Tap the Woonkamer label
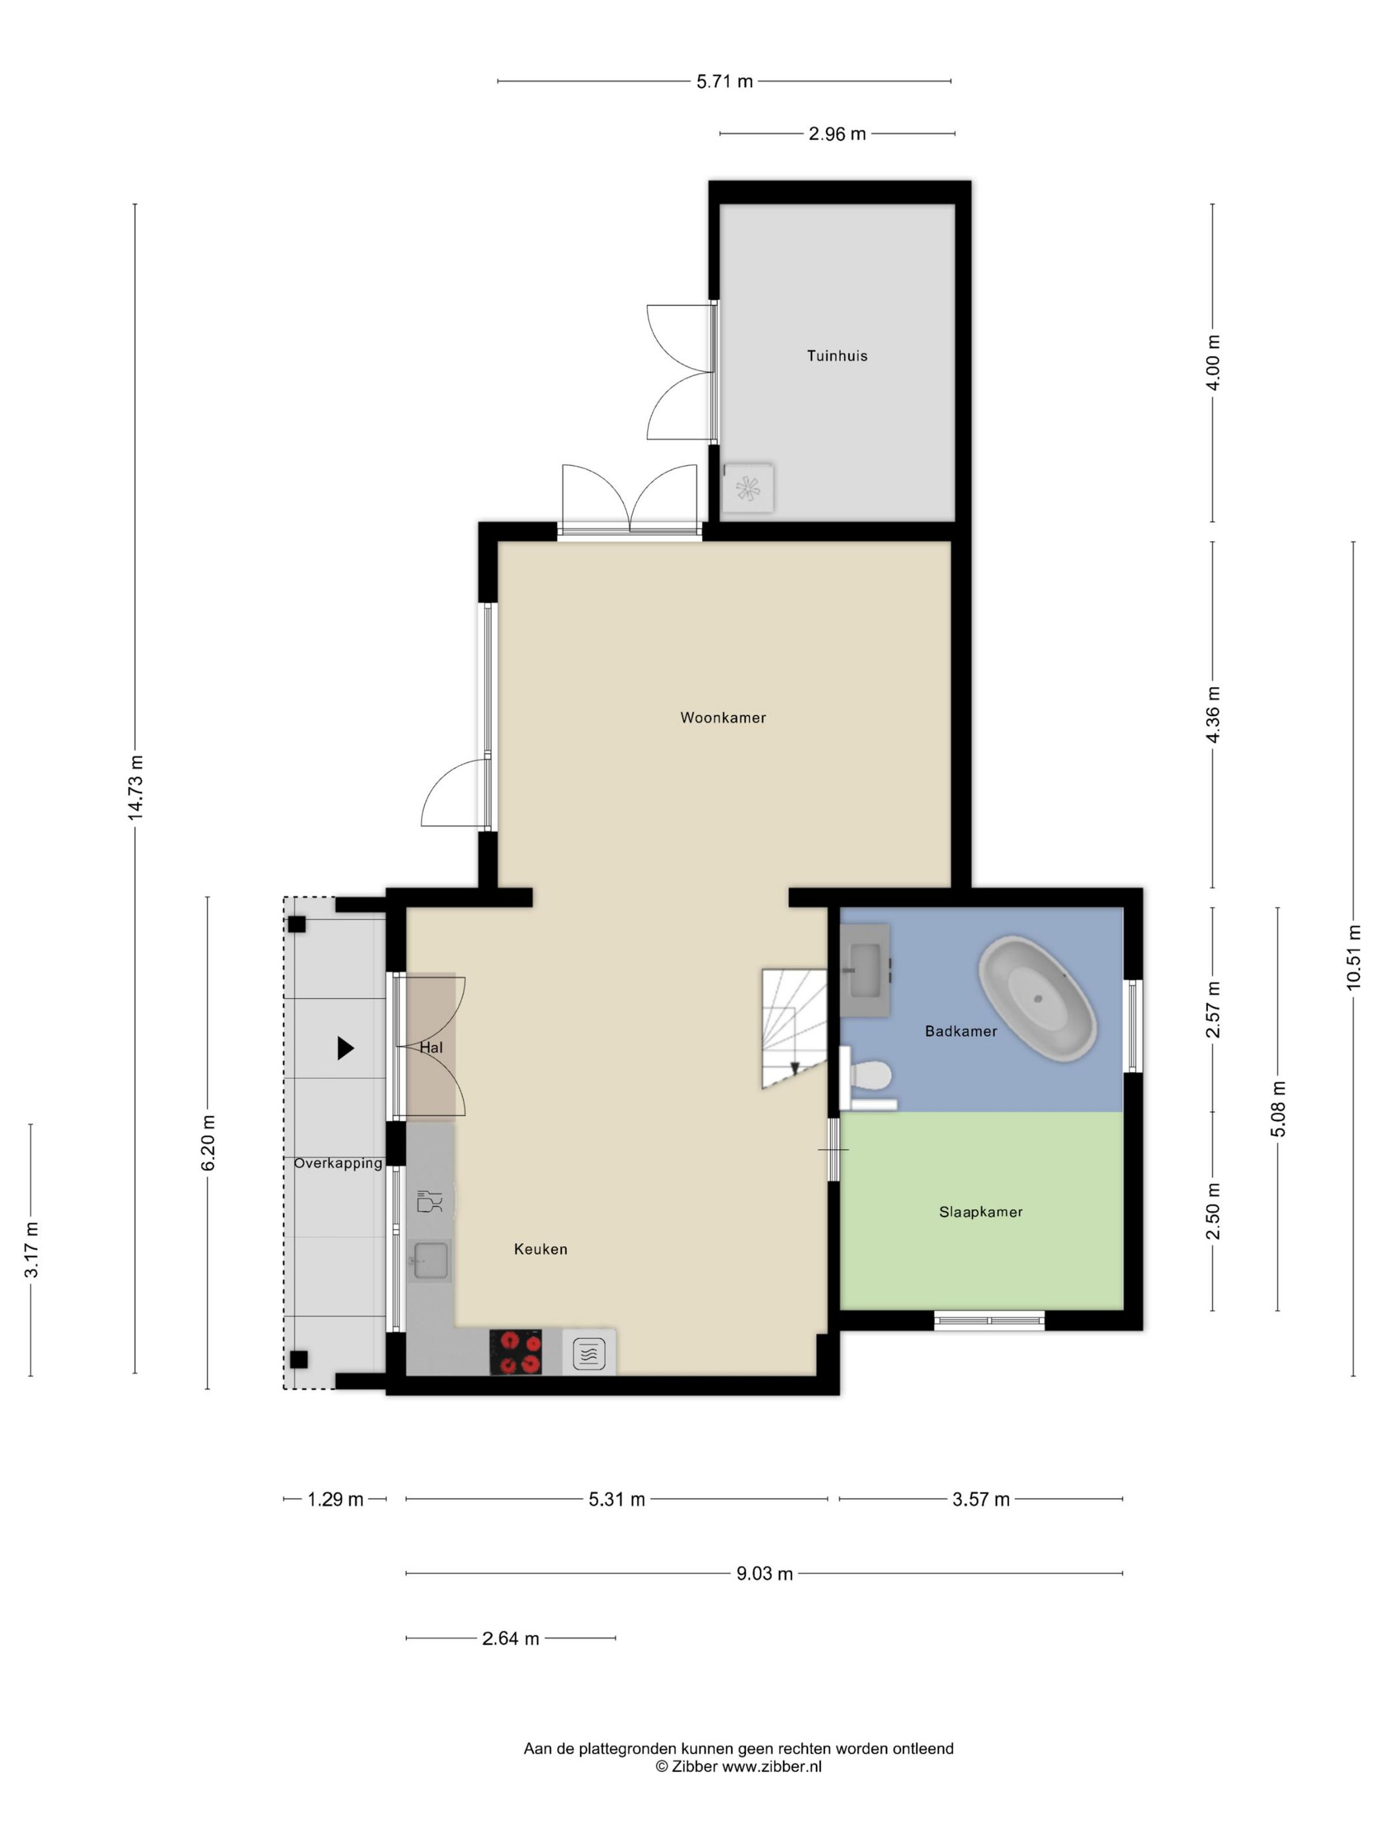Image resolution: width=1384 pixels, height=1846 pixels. click(x=722, y=718)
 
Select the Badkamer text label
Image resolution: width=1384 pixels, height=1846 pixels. click(x=961, y=1032)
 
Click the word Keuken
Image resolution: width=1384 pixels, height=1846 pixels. click(x=540, y=1249)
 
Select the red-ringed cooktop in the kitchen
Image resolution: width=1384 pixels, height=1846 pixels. click(x=515, y=1352)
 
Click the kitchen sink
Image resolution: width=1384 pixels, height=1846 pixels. click(x=430, y=1260)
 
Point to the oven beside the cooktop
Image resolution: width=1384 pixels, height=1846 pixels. click(x=589, y=1353)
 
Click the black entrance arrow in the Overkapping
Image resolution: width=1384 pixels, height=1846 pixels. click(x=345, y=1048)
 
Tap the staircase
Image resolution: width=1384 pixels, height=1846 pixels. click(x=793, y=1028)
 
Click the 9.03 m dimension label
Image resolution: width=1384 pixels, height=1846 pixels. click(x=764, y=1574)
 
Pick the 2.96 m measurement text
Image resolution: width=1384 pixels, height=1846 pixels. click(x=837, y=134)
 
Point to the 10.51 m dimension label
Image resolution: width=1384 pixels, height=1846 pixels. click(x=1353, y=957)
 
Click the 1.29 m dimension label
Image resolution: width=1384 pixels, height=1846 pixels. click(x=335, y=1500)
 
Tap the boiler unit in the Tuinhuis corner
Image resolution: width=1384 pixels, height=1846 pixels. click(x=747, y=487)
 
